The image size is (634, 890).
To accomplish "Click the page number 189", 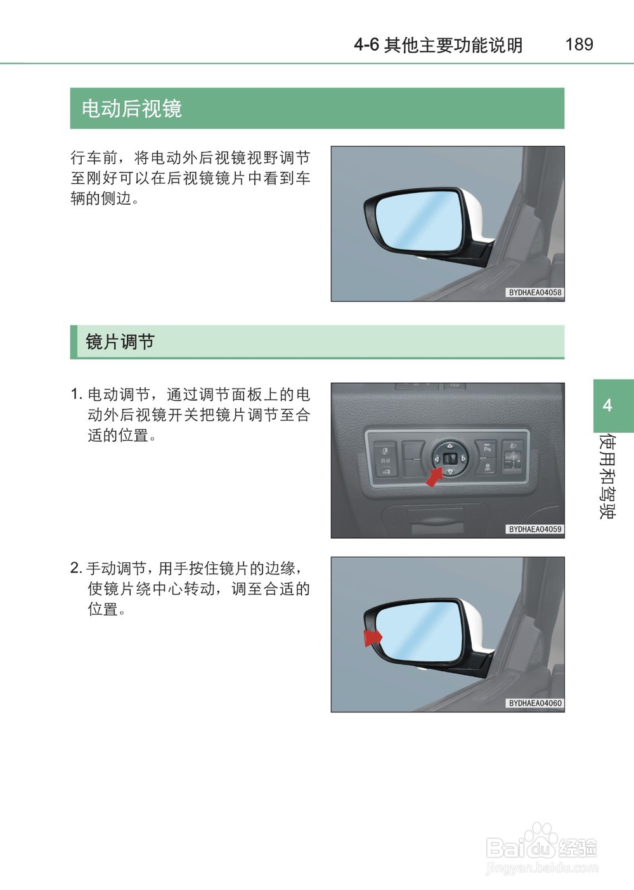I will (x=579, y=44).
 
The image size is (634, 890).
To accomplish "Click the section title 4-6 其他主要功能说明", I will (x=438, y=45).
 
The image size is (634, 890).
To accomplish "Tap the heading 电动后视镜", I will (x=132, y=108).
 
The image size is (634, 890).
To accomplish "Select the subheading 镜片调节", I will (x=120, y=342).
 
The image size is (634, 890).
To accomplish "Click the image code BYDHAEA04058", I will (x=535, y=293).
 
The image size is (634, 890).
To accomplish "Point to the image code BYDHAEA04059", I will (x=535, y=529).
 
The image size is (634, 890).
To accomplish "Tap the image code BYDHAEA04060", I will (x=535, y=703).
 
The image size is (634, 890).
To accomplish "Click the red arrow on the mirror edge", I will (x=372, y=636).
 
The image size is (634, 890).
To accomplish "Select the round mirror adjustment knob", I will (x=450, y=458).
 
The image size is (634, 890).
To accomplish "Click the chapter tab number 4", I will (x=607, y=406).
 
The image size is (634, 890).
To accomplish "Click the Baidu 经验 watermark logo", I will (x=541, y=844).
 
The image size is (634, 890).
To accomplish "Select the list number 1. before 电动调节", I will (x=76, y=394).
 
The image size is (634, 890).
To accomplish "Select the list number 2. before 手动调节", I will (x=76, y=568).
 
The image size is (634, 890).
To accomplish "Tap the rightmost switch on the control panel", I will (x=512, y=458).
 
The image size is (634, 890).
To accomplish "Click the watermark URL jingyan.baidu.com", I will (x=541, y=868).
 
